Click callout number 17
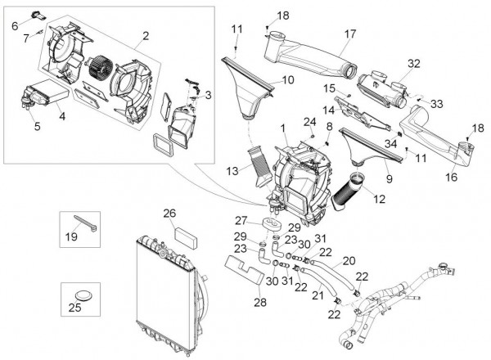pyautogui.click(x=349, y=34)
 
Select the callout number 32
pyautogui.click(x=413, y=63)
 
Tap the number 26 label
pyautogui.click(x=169, y=214)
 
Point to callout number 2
pyautogui.click(x=145, y=35)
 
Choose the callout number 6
pyautogui.click(x=15, y=26)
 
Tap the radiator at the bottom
pyautogui.click(x=168, y=295)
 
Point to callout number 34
pyautogui.click(x=390, y=142)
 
